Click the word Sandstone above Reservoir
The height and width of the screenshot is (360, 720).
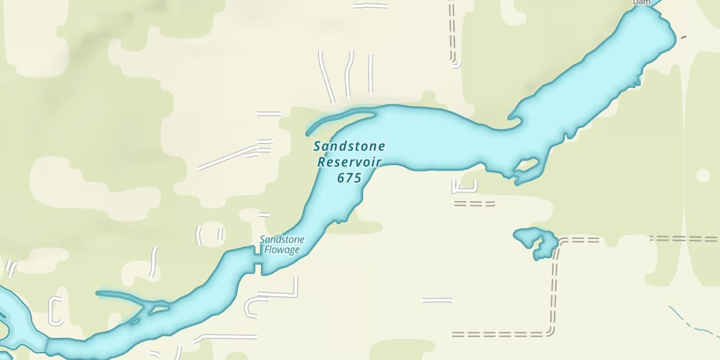point(349,146)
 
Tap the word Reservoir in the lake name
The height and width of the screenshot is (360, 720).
point(349,162)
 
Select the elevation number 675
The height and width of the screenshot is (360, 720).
point(349,178)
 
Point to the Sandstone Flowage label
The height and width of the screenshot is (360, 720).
point(282,245)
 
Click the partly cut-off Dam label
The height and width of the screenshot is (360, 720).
point(641,2)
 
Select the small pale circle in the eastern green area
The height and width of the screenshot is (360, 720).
point(703,175)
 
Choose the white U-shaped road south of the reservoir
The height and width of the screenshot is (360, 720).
point(464,188)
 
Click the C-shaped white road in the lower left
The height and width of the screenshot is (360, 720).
point(55,311)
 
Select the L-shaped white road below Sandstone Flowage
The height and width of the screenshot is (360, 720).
point(283,291)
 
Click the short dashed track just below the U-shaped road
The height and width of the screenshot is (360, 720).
point(474,204)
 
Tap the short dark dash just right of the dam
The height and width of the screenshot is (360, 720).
point(684,36)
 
